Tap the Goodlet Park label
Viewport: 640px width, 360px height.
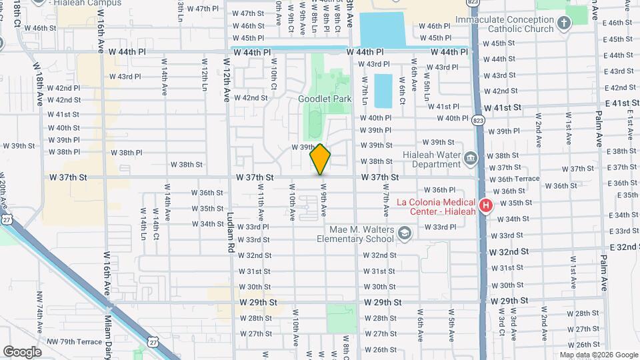315,99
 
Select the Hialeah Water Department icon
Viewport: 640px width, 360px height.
471,157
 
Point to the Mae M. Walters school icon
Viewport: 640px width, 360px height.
404,233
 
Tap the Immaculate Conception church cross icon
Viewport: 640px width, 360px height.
565,24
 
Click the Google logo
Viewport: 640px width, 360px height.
23,351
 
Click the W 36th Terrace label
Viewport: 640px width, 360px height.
514,179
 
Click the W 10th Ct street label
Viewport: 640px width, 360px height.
273,76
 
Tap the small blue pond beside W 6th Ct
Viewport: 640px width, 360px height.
383,91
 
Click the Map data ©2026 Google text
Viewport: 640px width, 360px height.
598,355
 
